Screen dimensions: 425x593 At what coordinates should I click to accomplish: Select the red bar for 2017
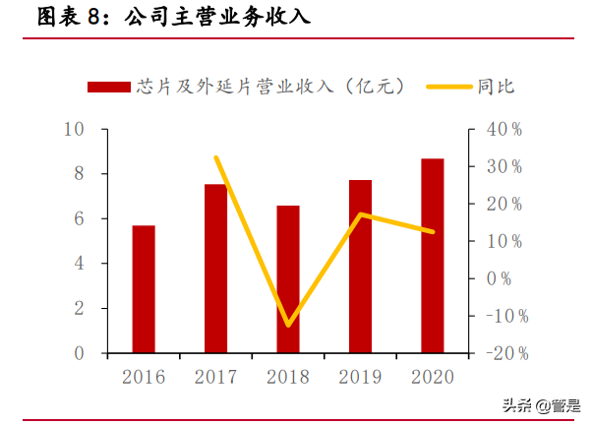pyautogui.click(x=215, y=268)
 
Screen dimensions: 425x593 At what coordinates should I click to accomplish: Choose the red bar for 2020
pyautogui.click(x=433, y=255)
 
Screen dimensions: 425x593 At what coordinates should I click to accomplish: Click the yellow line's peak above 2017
pyautogui.click(x=215, y=157)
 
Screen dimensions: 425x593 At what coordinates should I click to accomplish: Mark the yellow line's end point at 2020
pyautogui.click(x=433, y=232)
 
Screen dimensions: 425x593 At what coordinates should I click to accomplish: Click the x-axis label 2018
pyautogui.click(x=288, y=377)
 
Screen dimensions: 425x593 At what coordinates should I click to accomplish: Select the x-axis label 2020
pyautogui.click(x=433, y=377)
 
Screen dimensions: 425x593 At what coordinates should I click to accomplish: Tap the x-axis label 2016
pyautogui.click(x=144, y=377)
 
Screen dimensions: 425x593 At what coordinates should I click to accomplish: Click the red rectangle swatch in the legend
pyautogui.click(x=109, y=87)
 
